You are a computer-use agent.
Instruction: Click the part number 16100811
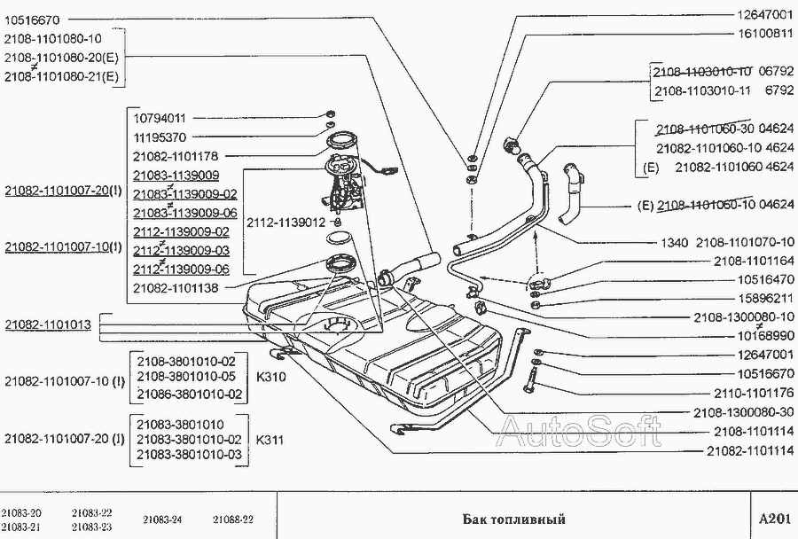click(x=765, y=34)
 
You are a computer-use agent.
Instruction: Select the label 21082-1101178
click(x=176, y=156)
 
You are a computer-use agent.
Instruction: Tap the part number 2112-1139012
click(x=286, y=223)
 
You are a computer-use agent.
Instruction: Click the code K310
click(x=270, y=377)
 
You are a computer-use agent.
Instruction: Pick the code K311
click(x=270, y=440)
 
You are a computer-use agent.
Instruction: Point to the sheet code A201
click(x=775, y=519)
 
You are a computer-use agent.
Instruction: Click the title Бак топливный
click(x=514, y=519)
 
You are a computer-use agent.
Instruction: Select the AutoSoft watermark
click(x=580, y=431)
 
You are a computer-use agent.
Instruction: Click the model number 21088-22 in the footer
click(x=233, y=519)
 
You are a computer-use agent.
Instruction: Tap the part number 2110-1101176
click(x=754, y=393)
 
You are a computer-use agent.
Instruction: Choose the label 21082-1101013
click(x=49, y=324)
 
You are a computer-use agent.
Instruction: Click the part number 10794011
click(x=160, y=119)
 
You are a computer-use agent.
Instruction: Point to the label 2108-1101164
click(x=754, y=262)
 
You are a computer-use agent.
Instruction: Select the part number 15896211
click(x=765, y=298)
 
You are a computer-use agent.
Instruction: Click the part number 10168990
click(x=765, y=336)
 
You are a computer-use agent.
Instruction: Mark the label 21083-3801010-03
click(x=190, y=455)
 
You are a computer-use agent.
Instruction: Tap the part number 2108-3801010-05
click(x=186, y=377)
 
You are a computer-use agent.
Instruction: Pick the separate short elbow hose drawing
click(x=572, y=193)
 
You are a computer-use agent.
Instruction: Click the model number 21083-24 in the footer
click(x=162, y=519)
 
